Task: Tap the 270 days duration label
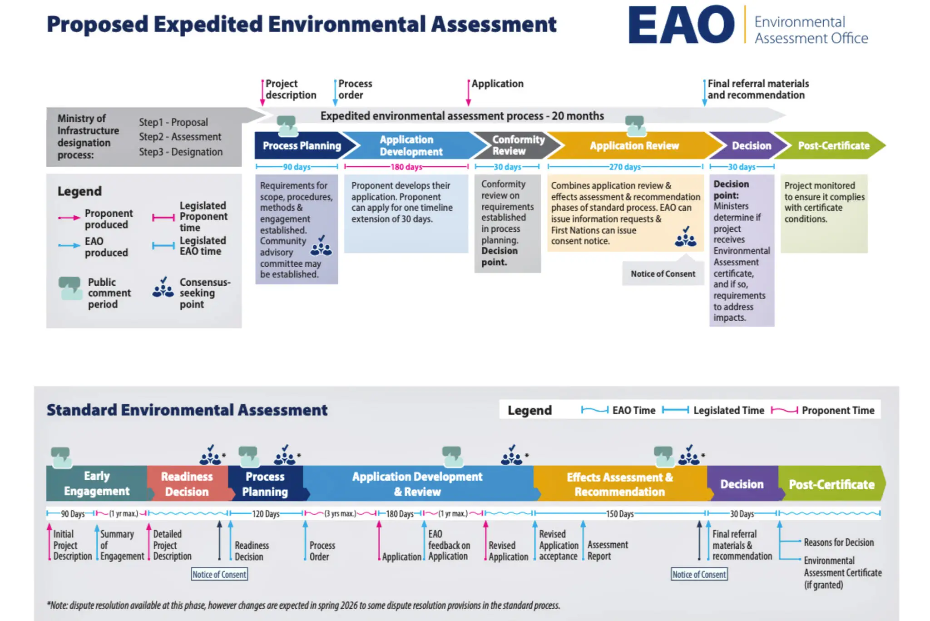pos(624,167)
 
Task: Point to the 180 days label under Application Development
pos(406,167)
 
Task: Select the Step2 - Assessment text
pos(180,137)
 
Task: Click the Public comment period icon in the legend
pos(70,288)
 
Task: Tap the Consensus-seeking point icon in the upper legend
pos(163,288)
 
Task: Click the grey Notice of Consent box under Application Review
pos(663,273)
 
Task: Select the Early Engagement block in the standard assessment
pos(96,483)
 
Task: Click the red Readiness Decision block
pos(187,484)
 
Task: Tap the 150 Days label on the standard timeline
pos(619,514)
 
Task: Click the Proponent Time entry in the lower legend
pos(837,410)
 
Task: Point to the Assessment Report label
pos(607,550)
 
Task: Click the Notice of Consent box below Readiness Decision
pos(219,574)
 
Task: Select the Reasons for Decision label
pos(838,542)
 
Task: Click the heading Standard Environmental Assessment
pos(187,410)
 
